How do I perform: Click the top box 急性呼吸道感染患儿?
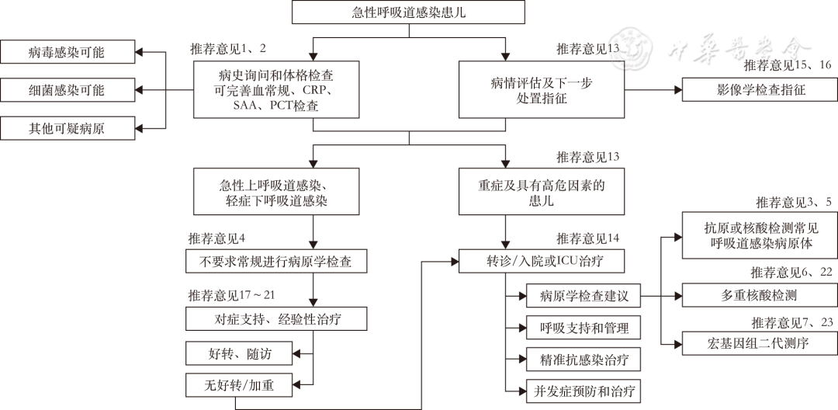pos(409,13)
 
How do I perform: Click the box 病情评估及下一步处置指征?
pos(540,90)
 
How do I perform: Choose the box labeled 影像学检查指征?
pos(760,90)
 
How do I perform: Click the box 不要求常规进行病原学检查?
pos(276,262)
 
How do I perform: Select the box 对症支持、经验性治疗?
pos(276,319)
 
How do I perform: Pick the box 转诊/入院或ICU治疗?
pos(540,262)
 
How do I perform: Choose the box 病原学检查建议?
pos(583,296)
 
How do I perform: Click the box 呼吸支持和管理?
pos(583,328)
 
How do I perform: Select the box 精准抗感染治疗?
pos(583,360)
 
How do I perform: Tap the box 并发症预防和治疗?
pos(583,391)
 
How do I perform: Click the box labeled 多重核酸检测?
pos(760,296)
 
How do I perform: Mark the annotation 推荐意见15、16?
pos(788,65)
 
